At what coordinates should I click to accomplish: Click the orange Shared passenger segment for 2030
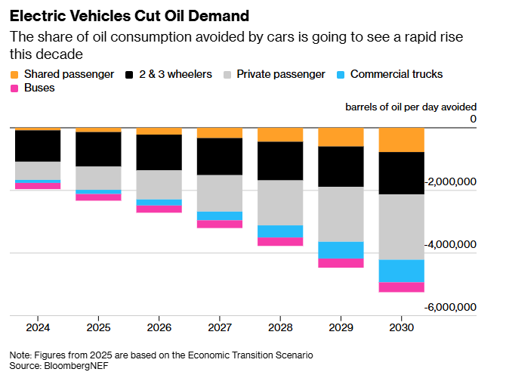point(401,140)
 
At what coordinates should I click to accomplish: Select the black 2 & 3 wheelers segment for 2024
point(38,146)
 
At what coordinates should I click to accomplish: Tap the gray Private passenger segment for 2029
point(341,214)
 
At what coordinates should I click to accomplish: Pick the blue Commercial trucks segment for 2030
point(401,271)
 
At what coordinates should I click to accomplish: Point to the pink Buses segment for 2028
point(280,241)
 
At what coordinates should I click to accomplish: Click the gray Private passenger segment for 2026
point(159,184)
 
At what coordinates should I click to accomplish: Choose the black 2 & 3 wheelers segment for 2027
point(220,157)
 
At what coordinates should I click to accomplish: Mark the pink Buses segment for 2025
point(98,197)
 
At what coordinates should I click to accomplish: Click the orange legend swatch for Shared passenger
point(14,74)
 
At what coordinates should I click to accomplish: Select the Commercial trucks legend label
point(396,74)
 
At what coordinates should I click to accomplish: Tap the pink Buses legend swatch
point(14,88)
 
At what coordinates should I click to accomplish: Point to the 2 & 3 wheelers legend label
point(176,74)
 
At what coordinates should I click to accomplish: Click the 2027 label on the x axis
point(220,328)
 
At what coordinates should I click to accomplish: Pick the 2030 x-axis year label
point(401,328)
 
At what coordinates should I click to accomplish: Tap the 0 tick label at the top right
point(473,119)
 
